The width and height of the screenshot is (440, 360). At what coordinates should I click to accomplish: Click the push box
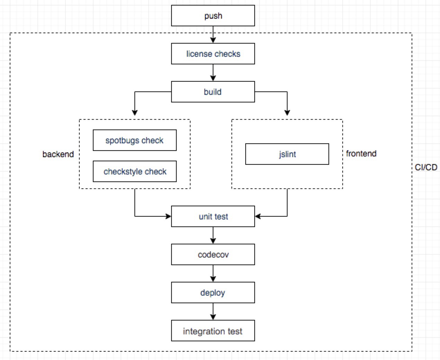[213, 16]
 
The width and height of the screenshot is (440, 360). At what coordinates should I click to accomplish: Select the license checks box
[213, 54]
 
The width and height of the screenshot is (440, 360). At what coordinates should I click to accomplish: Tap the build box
[213, 92]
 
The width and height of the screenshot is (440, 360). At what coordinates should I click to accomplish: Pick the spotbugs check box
[134, 140]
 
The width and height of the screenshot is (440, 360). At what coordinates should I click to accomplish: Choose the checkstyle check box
[134, 171]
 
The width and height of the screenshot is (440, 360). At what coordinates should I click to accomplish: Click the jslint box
[287, 154]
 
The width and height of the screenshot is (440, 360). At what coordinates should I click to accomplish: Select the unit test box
[213, 216]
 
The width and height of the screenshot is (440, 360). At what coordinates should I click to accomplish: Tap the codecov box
[213, 254]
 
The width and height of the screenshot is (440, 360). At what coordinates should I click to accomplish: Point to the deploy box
[213, 292]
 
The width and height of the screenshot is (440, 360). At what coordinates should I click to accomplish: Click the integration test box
[213, 331]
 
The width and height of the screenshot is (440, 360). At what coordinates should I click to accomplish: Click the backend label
[58, 154]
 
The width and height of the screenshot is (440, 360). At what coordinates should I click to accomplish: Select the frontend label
[361, 153]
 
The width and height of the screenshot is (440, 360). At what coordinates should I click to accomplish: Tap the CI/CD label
[426, 167]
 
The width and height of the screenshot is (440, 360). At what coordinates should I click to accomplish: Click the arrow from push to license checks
[213, 35]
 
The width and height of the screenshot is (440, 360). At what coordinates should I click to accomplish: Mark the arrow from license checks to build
[213, 73]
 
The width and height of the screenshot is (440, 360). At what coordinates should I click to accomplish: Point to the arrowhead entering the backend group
[135, 112]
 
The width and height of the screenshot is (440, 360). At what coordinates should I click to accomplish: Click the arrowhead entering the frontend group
[287, 112]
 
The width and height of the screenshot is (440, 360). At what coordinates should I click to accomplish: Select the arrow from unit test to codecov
[213, 235]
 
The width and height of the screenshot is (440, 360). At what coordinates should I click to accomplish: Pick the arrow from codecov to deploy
[213, 273]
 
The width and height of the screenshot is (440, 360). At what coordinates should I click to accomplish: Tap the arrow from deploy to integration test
[213, 312]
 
